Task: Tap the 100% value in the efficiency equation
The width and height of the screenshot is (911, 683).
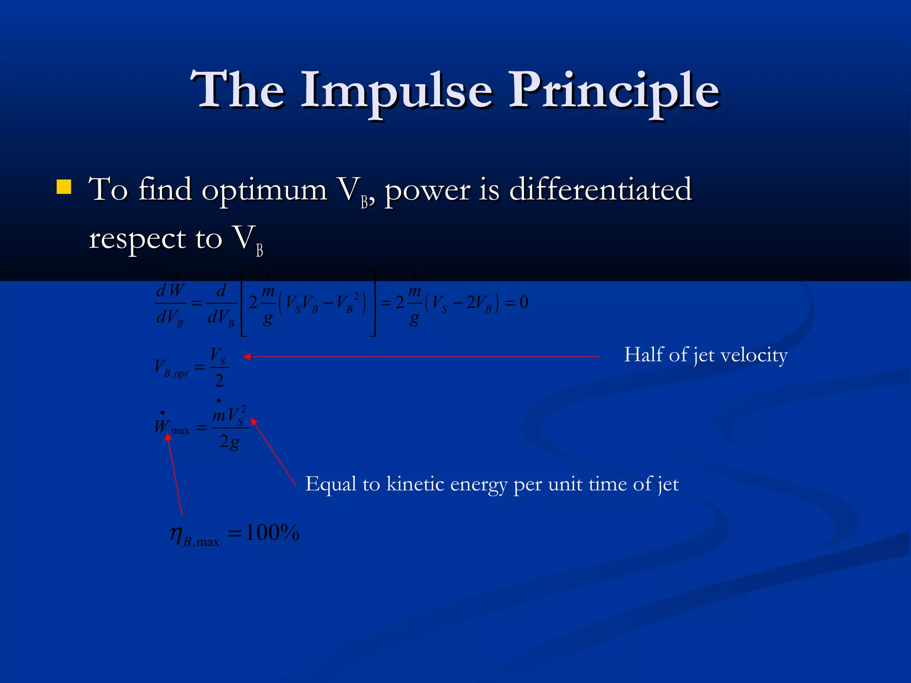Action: [x=272, y=532]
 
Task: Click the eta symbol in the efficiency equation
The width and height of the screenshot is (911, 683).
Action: [x=176, y=533]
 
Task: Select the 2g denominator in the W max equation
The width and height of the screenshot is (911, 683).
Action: [x=230, y=442]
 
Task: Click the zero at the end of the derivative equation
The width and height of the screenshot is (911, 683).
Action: [x=524, y=302]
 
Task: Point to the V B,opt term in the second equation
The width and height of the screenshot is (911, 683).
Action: [x=171, y=368]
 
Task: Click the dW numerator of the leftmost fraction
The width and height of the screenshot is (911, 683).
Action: [x=170, y=290]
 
